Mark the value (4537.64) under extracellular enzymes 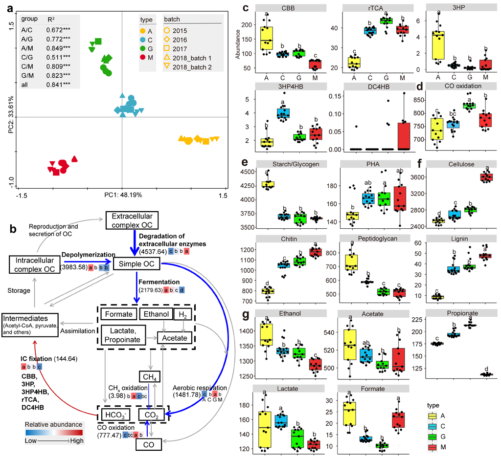click(x=153, y=251)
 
